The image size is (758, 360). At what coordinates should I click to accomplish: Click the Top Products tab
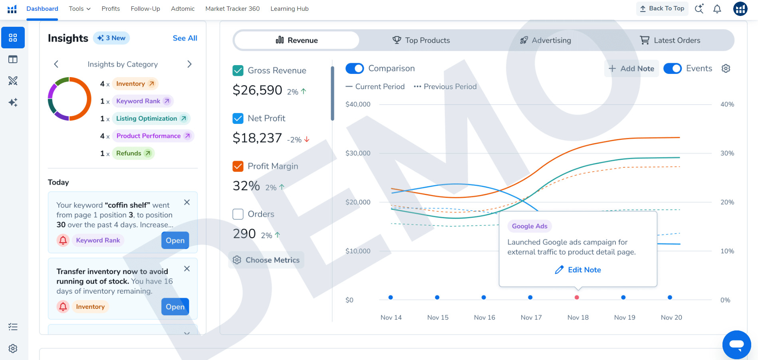[x=421, y=40]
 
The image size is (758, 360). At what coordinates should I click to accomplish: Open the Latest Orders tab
[x=670, y=40]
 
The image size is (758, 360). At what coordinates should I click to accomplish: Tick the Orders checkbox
[x=238, y=214]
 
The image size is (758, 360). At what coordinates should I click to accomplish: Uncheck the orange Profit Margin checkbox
[x=238, y=166]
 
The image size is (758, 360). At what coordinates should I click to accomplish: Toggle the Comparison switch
[x=355, y=68]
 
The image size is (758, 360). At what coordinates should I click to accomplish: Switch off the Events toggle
[x=673, y=68]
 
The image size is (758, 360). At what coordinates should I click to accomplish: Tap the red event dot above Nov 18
[x=577, y=297]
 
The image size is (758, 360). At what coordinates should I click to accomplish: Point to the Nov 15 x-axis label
[x=438, y=317]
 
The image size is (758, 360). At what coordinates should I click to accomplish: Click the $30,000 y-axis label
[x=358, y=153]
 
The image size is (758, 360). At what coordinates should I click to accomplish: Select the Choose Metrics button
[x=266, y=260]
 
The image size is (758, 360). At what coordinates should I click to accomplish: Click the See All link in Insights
[x=185, y=38]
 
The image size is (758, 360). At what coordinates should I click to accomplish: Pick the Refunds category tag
[x=133, y=153]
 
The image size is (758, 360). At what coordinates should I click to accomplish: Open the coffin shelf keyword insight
[x=175, y=241]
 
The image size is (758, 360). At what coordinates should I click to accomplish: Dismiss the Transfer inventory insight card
[x=187, y=269]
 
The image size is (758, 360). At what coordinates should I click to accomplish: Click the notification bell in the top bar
[x=717, y=9]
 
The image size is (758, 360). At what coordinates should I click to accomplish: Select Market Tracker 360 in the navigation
[x=232, y=9]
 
